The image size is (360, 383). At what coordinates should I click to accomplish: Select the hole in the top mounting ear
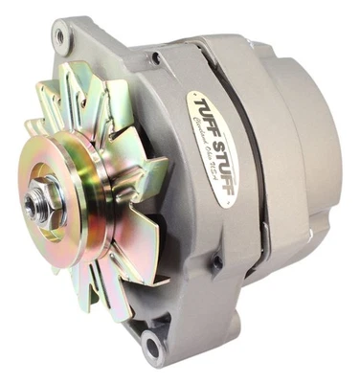tap(62, 35)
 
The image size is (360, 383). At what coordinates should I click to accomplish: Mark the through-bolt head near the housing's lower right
tap(218, 261)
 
